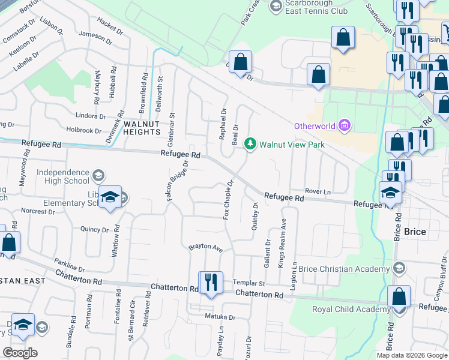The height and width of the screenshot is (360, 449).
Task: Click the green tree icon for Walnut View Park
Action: (250, 145)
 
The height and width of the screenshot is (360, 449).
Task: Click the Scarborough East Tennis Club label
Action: (316, 7)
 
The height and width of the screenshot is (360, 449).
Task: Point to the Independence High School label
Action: (62, 176)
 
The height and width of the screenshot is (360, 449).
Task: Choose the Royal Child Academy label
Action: (351, 309)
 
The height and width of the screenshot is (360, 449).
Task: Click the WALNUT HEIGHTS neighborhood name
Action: (143, 127)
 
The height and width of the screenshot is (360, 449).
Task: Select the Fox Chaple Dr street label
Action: (228, 200)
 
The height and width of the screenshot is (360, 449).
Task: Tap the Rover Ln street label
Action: (318, 191)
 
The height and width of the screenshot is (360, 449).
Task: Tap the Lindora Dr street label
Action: (91, 115)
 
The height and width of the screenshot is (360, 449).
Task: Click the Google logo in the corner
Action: (20, 352)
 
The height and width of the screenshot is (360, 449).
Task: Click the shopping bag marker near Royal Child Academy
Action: (399, 297)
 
